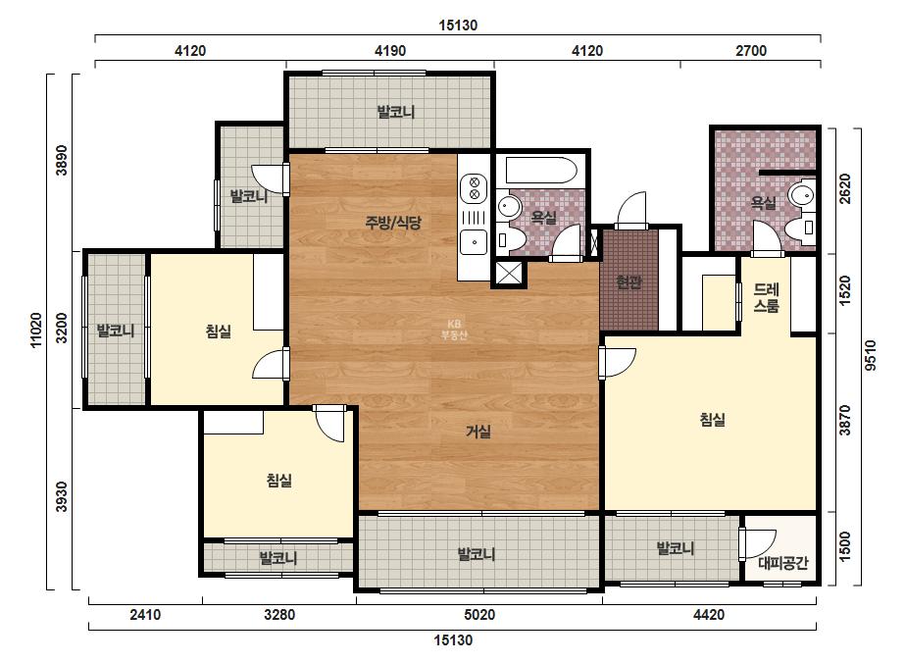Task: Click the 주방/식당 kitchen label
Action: point(393,223)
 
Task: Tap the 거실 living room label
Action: point(478,431)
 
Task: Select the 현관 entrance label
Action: point(628,282)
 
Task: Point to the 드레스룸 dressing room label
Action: point(767,297)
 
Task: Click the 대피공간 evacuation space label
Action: point(783,563)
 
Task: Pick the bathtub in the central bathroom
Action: point(541,171)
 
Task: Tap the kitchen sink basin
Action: point(474,242)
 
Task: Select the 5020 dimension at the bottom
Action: point(479,615)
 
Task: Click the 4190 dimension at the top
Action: point(390,51)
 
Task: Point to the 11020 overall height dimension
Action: point(35,331)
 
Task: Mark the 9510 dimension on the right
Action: point(871,355)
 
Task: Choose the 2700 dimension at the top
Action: point(751,51)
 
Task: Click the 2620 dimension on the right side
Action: point(845,189)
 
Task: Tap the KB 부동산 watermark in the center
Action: point(454,330)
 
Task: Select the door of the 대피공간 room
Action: point(757,544)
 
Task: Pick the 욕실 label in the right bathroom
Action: point(764,203)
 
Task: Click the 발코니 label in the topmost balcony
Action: point(396,112)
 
